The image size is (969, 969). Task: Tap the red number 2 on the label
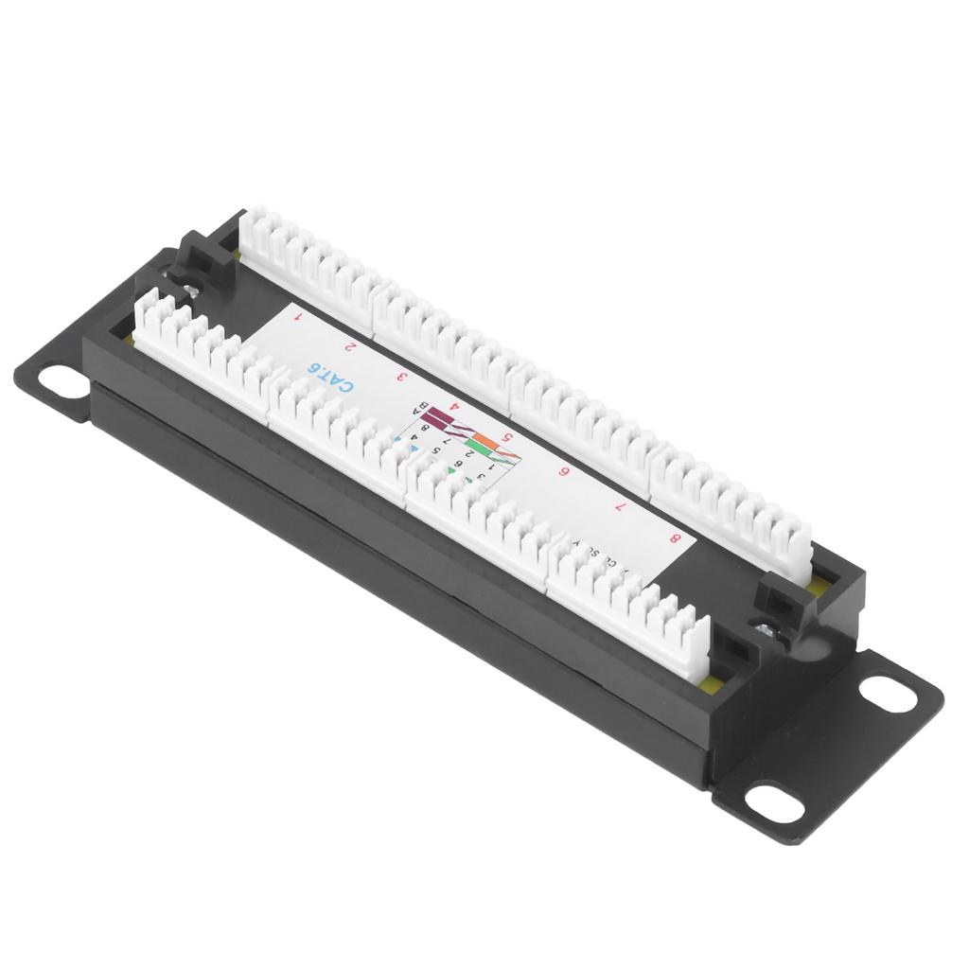352,347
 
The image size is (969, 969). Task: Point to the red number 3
402,376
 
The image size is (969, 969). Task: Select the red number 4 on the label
454,407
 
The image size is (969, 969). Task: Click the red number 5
508,437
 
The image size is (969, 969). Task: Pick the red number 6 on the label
565,472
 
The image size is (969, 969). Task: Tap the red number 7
620,505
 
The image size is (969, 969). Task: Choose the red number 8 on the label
675,539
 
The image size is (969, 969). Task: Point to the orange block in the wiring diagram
485,441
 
